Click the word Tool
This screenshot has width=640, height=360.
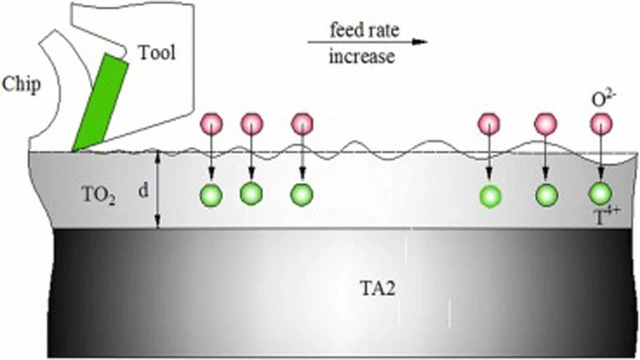pyautogui.click(x=156, y=54)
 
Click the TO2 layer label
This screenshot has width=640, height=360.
pyautogui.click(x=100, y=192)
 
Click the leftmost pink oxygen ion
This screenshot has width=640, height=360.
pyautogui.click(x=211, y=124)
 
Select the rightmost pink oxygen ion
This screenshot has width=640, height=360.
pyautogui.click(x=600, y=124)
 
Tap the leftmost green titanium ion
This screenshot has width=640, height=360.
pyautogui.click(x=211, y=194)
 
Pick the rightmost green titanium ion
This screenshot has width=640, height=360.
pyautogui.click(x=600, y=194)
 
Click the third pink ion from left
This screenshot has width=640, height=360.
pyautogui.click(x=302, y=124)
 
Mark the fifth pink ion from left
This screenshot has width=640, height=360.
pyautogui.click(x=545, y=124)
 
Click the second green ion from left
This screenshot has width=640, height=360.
pyautogui.click(x=251, y=193)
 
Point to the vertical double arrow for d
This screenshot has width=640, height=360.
pyautogui.click(x=160, y=190)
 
